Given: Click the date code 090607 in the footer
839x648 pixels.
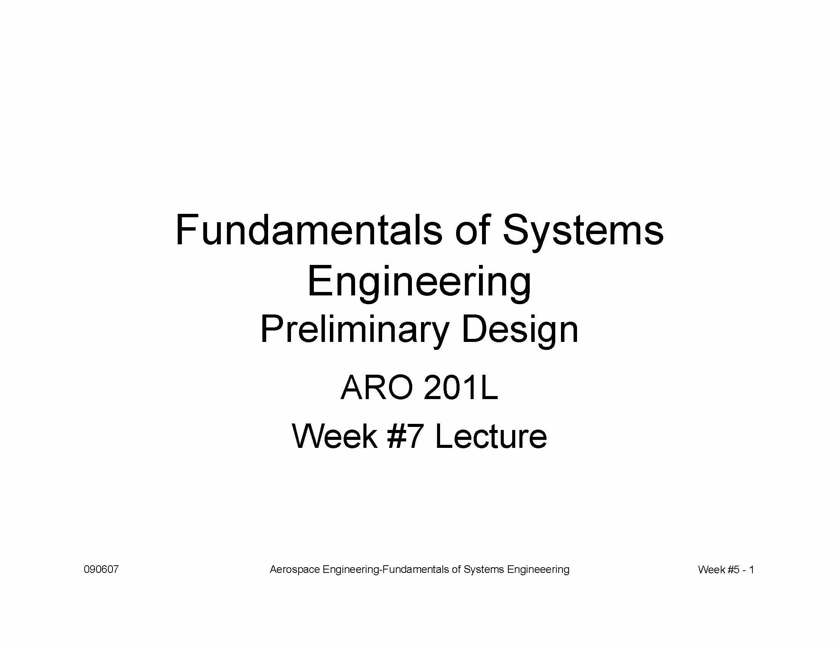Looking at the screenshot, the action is (x=101, y=569).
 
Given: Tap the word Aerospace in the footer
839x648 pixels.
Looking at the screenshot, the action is (x=295, y=570).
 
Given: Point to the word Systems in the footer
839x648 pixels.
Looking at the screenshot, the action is (x=484, y=570).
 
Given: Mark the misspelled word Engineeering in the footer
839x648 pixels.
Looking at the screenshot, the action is (x=538, y=570).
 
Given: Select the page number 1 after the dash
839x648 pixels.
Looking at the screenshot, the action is (x=751, y=570).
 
